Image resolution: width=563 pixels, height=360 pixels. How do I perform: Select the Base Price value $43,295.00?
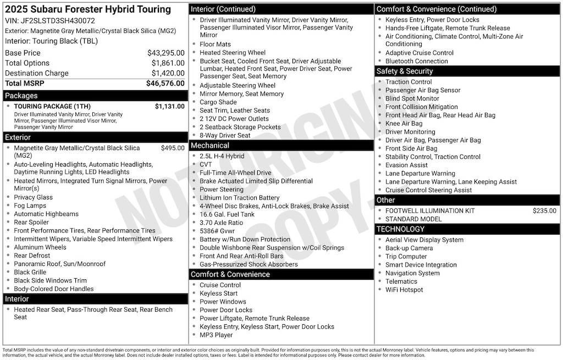165,53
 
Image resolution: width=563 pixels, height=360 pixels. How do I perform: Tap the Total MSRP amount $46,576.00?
165,84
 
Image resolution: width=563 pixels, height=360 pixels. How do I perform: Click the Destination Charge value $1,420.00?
168,73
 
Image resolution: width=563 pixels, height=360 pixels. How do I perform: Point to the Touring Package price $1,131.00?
169,107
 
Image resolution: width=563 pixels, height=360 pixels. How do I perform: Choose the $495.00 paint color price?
173,148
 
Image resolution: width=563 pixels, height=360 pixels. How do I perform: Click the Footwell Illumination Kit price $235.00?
544,211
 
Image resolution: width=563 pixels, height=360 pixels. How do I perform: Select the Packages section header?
21,96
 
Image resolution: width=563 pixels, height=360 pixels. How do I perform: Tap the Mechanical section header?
209,146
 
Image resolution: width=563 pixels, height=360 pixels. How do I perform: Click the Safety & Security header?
404,71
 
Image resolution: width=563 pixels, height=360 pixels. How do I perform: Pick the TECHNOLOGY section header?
400,229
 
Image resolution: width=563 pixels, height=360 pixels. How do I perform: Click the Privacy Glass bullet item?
34,197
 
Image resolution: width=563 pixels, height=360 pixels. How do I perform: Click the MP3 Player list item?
216,335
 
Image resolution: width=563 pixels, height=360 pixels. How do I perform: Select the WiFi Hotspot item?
404,290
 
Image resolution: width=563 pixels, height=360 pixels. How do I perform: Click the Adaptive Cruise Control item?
420,53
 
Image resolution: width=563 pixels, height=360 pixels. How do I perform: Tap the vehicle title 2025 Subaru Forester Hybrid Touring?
88,9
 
